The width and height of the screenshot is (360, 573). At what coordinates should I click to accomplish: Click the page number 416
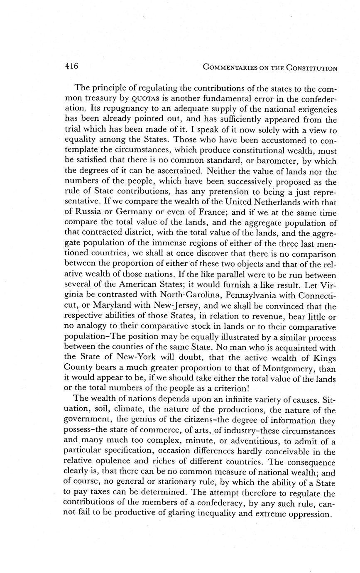point(71,66)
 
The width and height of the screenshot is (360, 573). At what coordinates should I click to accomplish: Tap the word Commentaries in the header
point(229,68)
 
